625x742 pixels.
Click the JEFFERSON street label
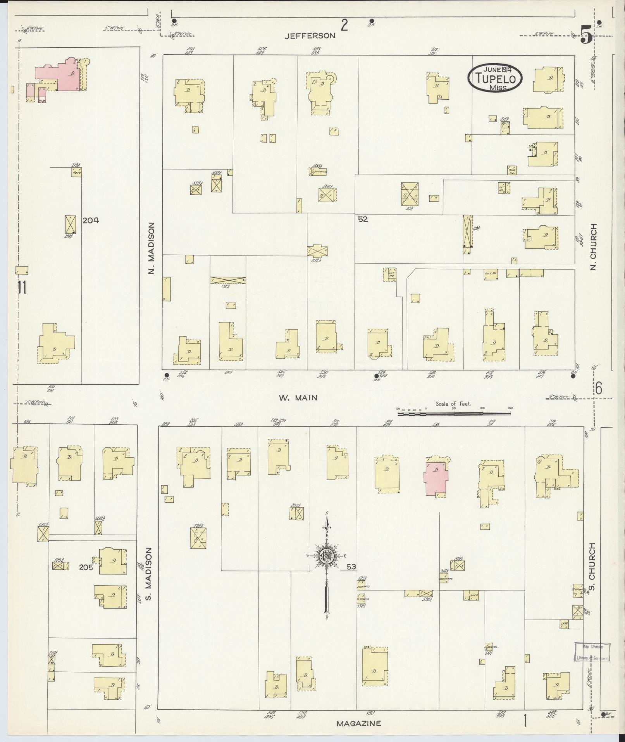tap(310, 36)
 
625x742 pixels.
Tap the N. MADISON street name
tap(151, 248)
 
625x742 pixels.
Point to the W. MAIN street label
tap(298, 398)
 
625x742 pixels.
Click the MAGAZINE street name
tap(358, 723)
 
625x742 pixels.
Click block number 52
tap(363, 219)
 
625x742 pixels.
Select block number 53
tap(351, 567)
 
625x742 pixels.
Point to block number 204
tap(91, 220)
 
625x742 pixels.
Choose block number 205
tap(86, 567)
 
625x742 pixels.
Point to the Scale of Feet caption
tap(453, 404)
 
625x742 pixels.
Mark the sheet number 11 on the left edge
tap(22, 287)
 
